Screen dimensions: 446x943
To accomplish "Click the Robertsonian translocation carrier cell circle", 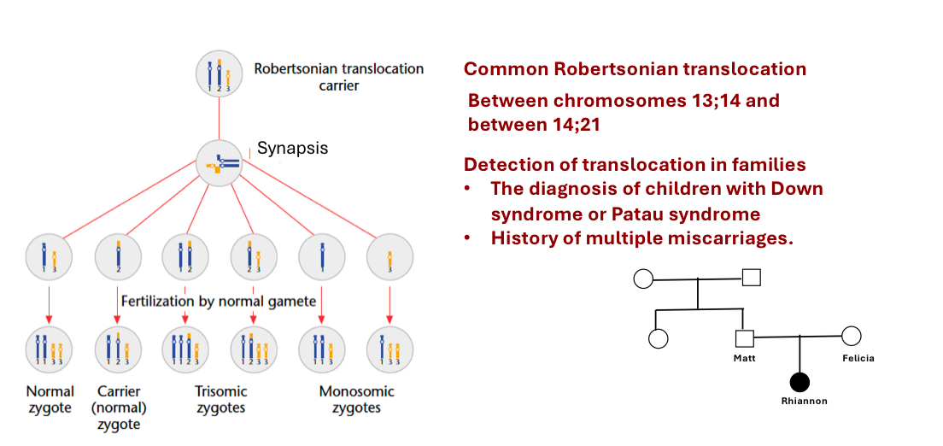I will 220,74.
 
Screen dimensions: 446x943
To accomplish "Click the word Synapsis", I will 292,148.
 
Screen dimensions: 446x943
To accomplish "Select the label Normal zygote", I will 50,399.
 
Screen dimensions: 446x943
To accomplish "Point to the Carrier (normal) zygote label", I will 119,407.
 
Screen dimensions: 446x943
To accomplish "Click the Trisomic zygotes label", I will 220,399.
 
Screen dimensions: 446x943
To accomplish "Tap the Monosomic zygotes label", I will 356,399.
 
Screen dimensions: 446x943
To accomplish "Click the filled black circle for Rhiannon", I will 799,384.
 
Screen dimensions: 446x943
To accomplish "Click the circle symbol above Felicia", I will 851,337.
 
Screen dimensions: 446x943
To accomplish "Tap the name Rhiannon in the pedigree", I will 804,401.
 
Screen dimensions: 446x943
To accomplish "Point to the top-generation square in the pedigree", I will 751,278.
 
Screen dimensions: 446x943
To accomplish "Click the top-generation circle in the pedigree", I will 644,279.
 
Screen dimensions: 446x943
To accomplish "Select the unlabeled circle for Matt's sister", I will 658,338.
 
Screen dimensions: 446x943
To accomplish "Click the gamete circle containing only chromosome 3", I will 389,255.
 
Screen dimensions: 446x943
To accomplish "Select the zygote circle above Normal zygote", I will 50,349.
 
